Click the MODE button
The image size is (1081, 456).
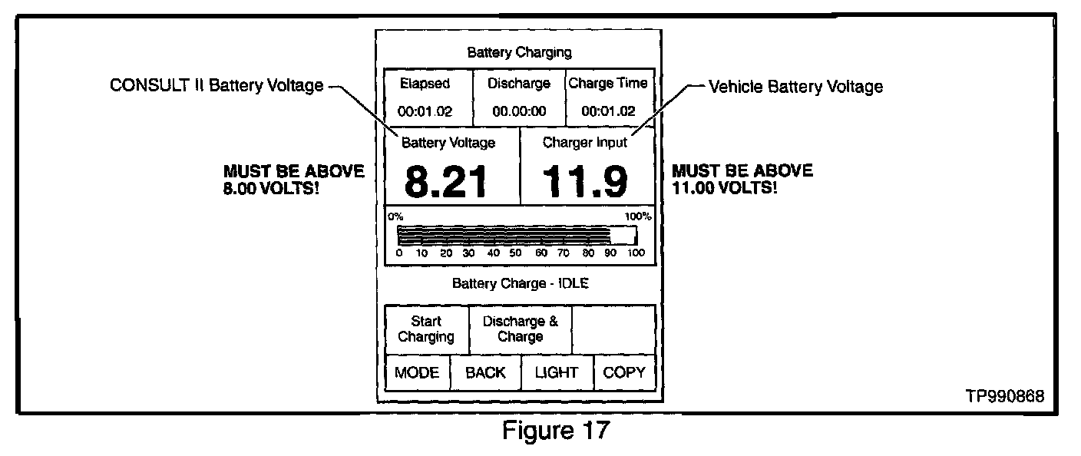[x=417, y=373]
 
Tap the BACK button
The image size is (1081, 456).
[x=485, y=373]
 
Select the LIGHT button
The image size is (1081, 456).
[x=557, y=373]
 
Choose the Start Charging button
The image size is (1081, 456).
[x=426, y=329]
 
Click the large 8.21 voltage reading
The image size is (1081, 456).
[x=446, y=183]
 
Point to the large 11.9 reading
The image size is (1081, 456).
[x=586, y=183]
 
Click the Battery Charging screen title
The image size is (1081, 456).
[x=520, y=53]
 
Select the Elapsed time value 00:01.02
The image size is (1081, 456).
[x=426, y=111]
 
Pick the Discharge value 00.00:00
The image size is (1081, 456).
[x=520, y=111]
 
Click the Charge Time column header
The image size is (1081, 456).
[x=608, y=84]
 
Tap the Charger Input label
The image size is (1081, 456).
[x=585, y=142]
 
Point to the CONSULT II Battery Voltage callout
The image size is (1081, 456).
[x=217, y=86]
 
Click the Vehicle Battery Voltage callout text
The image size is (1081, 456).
[x=795, y=87]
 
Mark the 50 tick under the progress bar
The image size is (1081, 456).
[x=516, y=253]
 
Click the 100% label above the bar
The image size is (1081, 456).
[x=637, y=216]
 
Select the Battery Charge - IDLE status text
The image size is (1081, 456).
[x=520, y=283]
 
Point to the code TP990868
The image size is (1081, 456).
[x=1005, y=397]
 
